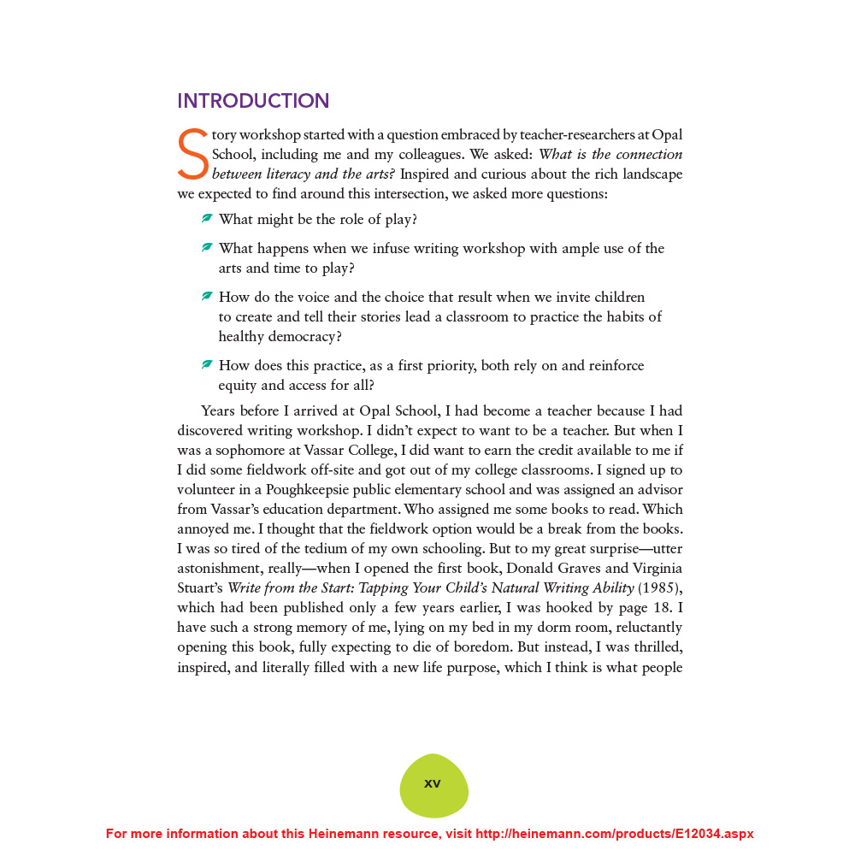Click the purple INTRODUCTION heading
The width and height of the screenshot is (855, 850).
coord(253,101)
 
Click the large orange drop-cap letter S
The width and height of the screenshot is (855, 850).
coord(193,155)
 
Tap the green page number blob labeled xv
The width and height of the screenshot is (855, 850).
coord(433,784)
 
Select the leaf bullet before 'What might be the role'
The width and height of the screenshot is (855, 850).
coord(207,219)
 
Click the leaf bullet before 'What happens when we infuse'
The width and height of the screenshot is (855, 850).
coord(207,248)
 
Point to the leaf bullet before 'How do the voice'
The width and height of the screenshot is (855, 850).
coord(207,297)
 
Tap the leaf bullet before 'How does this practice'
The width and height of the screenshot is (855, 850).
coord(207,365)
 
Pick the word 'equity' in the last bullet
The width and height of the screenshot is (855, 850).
coord(238,386)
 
